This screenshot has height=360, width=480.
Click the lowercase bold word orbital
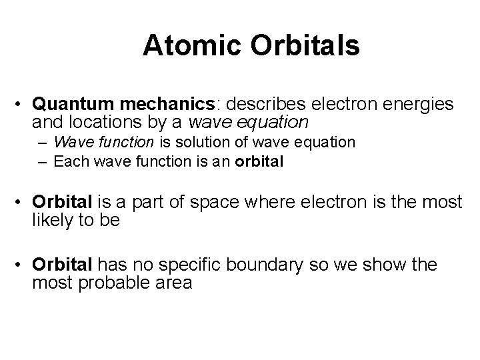(x=259, y=161)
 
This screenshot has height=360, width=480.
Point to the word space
(x=219, y=203)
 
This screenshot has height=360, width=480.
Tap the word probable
(x=117, y=282)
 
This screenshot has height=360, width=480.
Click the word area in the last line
(x=174, y=282)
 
